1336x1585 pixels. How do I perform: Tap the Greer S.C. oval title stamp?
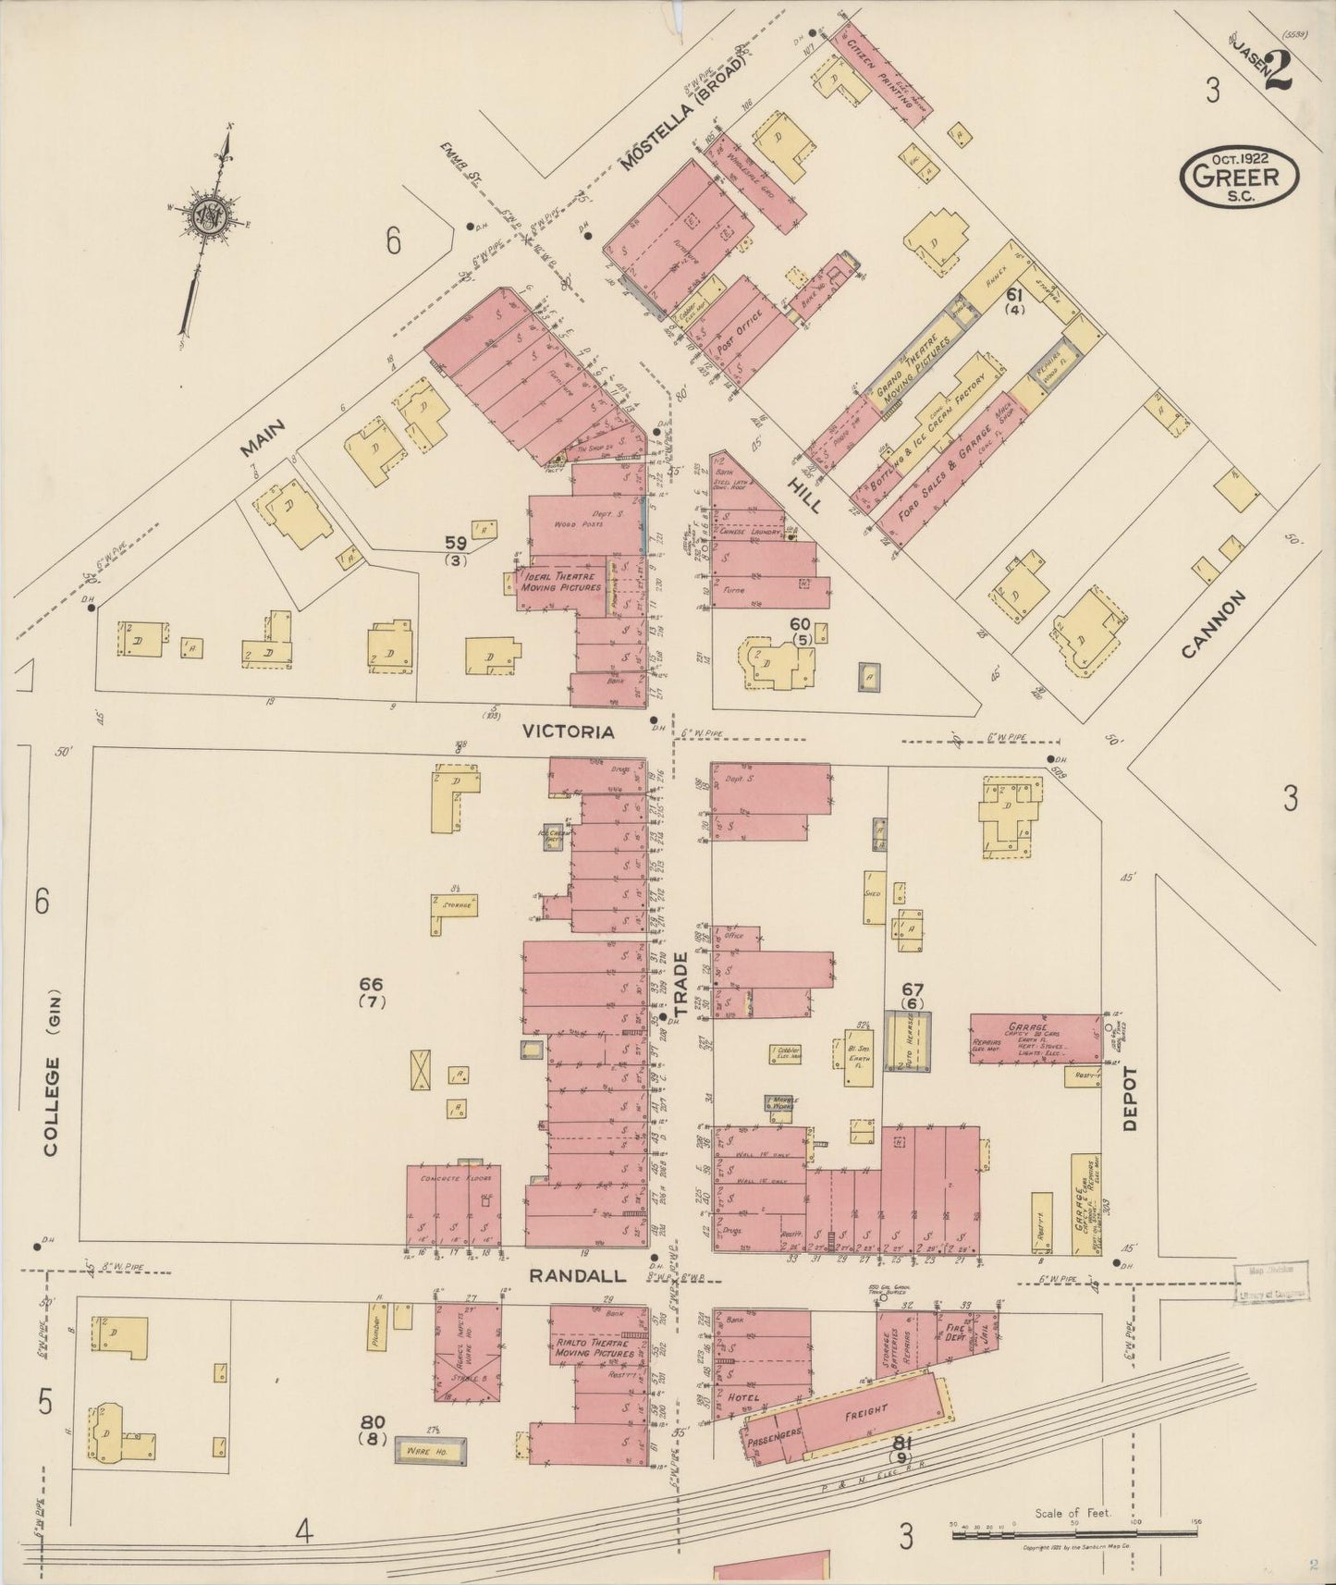click(1238, 174)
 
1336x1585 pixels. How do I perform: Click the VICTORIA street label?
click(568, 731)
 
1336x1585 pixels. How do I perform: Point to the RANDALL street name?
click(577, 1275)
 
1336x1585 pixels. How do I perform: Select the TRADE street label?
click(682, 987)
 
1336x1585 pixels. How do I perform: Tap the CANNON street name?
click(1214, 625)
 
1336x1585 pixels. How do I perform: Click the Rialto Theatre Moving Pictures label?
click(595, 1346)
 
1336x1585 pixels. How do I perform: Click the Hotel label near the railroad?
click(743, 1396)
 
